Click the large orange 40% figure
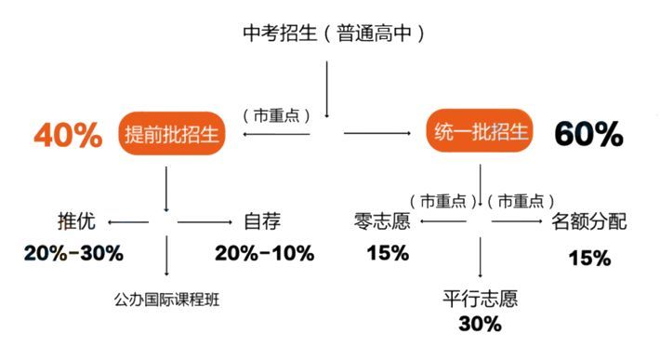[x=68, y=136]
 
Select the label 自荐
[x=262, y=222]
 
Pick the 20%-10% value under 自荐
[x=264, y=253]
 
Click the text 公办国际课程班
[x=168, y=300]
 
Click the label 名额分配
[x=588, y=222]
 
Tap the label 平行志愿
[x=480, y=300]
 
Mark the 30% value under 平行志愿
[x=480, y=324]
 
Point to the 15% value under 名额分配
[x=589, y=258]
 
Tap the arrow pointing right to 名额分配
[x=516, y=222]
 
